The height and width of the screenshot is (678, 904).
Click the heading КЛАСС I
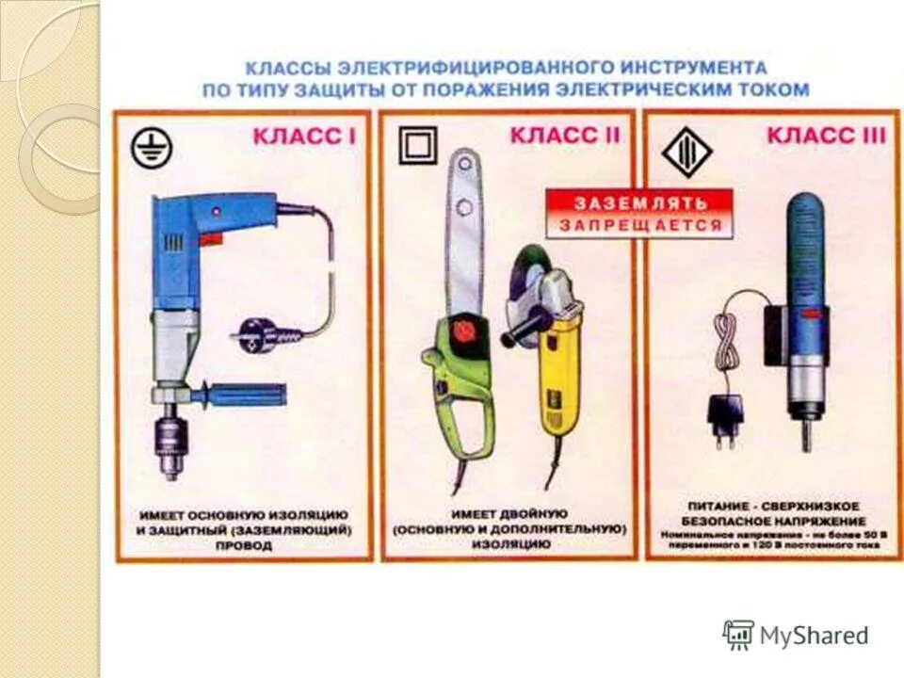click(x=303, y=137)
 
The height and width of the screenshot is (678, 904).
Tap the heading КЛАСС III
click(x=826, y=136)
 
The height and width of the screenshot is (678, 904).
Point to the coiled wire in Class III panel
click(x=727, y=344)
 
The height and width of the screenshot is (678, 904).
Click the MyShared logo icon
click(x=738, y=634)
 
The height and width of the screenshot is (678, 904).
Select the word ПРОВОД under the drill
click(x=244, y=546)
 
